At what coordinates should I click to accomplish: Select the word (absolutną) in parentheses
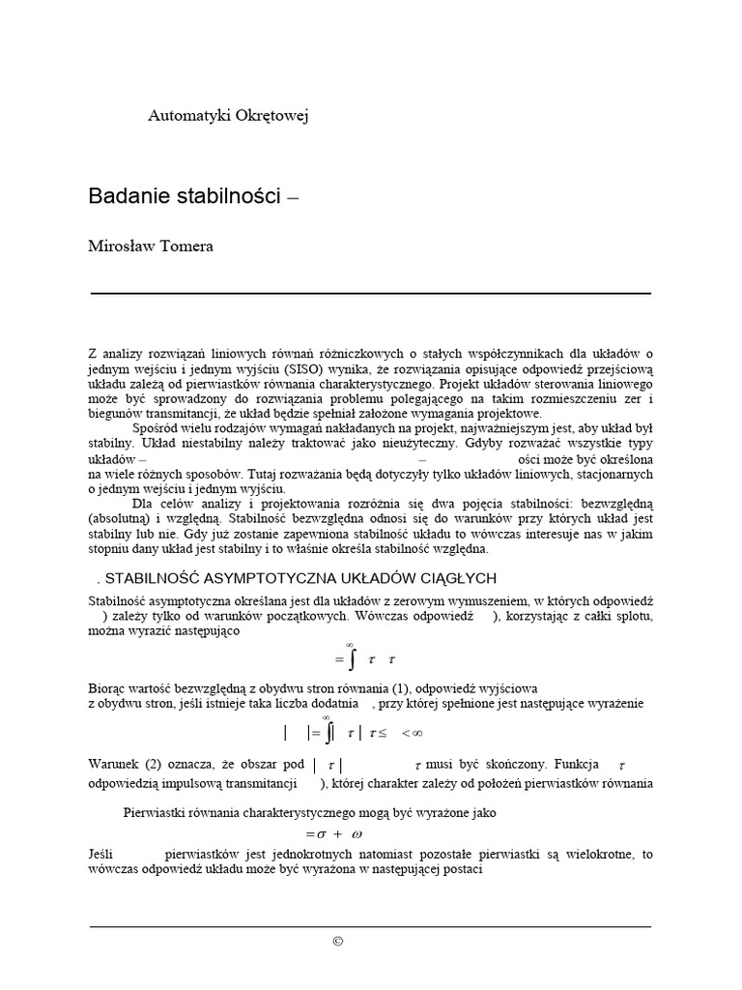118,519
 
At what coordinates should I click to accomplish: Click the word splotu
633,616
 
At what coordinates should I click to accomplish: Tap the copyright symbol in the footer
337,942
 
